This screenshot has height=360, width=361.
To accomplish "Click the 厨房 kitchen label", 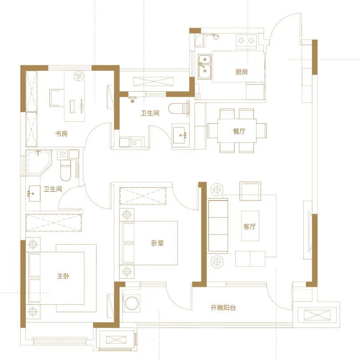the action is point(241,72).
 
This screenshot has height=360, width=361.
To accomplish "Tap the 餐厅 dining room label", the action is point(239,131).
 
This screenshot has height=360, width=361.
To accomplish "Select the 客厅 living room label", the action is point(249,227).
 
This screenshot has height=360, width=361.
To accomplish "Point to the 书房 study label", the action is point(61,133).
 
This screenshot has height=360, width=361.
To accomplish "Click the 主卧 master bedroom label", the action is point(63,276).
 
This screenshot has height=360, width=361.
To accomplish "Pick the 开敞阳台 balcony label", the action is point(223,307).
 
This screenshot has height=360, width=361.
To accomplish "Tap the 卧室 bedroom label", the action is point(157,243).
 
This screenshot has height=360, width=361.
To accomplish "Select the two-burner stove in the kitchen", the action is point(246,41).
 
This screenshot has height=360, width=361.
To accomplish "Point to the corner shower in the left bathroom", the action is point(38,163).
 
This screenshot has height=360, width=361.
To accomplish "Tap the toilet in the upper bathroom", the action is point(179,108).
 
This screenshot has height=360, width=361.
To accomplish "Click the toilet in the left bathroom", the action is point(66,170).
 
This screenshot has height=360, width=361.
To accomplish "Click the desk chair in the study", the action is point(56,98).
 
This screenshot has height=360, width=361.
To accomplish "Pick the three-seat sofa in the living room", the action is point(218,226).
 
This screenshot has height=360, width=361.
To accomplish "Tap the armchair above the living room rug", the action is point(250,191).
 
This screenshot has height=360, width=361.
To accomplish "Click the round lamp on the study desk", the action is point(79,76).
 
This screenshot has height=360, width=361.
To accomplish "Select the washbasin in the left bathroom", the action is point(35,194).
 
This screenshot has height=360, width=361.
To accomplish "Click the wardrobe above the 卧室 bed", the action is point(143,196).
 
